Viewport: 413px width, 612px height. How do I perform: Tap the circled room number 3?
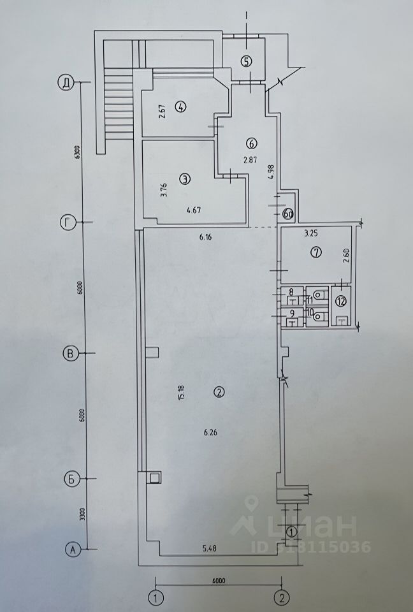184,179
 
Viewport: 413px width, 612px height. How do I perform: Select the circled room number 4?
181,107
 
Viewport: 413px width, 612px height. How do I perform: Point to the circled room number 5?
247,61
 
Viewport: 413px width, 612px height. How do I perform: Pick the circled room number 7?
315,252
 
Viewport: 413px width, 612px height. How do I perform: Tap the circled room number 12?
340,300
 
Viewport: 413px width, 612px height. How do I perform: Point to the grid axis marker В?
71,353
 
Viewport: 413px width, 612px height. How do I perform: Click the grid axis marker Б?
71,478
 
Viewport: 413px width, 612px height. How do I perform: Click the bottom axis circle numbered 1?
154,597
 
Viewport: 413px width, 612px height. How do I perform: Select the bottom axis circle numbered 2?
282,597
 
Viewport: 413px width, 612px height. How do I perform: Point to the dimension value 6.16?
205,237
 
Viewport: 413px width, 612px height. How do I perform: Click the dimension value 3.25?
310,233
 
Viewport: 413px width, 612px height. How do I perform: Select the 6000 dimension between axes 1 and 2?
220,581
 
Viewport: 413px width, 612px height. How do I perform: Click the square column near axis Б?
154,477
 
